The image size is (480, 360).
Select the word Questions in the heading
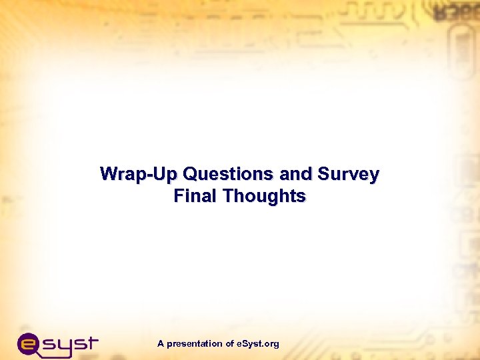point(228,175)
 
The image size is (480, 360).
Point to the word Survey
point(349,175)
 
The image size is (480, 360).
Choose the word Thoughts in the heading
point(265,196)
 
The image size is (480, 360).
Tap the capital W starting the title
point(108,175)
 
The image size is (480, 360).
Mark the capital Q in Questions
point(189,175)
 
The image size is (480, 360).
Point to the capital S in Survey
point(324,175)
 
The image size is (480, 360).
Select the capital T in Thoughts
point(229,196)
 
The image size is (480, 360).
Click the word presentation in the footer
point(195,344)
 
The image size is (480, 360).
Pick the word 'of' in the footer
point(230,344)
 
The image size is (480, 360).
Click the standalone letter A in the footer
point(161,344)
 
